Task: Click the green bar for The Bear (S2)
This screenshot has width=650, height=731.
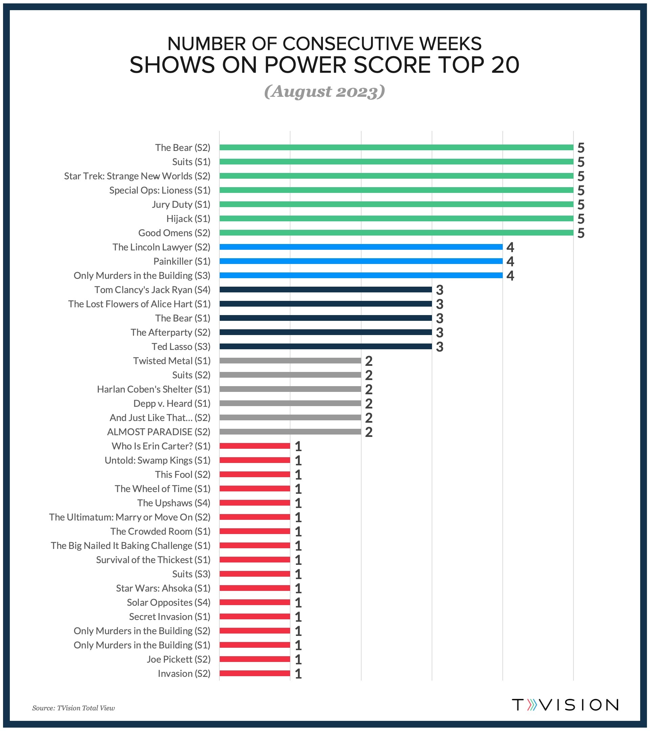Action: tap(396, 147)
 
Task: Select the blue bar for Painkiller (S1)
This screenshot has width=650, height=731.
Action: tap(361, 261)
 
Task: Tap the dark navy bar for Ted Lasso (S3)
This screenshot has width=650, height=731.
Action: tap(325, 346)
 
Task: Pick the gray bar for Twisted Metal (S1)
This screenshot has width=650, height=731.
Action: tap(290, 360)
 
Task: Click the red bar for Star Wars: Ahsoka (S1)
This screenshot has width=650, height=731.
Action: tap(254, 588)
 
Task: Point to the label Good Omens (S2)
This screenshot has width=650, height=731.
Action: tap(174, 233)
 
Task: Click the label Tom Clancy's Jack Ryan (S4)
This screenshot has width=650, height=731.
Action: tap(152, 290)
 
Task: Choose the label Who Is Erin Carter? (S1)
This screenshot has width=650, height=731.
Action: tap(161, 446)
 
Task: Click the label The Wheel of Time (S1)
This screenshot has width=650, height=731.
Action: tap(162, 489)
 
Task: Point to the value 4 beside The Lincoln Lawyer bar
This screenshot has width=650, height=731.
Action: tap(510, 247)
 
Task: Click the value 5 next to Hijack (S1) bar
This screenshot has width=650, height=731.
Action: tap(581, 219)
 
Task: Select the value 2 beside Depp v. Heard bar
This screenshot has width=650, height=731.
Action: tap(368, 403)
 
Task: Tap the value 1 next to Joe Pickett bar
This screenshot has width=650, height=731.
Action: tap(298, 659)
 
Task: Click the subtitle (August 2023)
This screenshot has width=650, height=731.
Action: tap(324, 92)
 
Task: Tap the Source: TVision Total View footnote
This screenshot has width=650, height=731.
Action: tap(73, 708)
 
